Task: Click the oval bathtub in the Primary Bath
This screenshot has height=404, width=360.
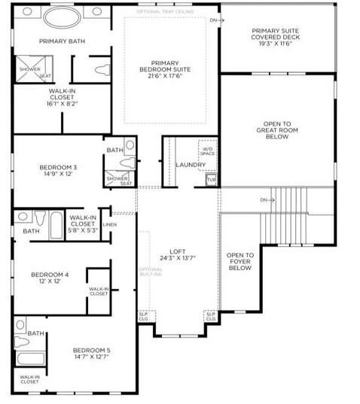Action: (66, 17)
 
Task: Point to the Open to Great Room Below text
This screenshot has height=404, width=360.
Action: (277, 131)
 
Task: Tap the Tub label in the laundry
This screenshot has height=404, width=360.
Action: (211, 180)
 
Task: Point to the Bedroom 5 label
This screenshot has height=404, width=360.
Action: (92, 354)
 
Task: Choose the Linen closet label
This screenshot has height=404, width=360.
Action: (110, 225)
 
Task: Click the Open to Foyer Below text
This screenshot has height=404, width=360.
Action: (240, 262)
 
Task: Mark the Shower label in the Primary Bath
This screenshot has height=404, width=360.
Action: (29, 69)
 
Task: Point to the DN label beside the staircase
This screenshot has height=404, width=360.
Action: (264, 200)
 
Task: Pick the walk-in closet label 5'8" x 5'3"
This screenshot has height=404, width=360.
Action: (82, 225)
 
